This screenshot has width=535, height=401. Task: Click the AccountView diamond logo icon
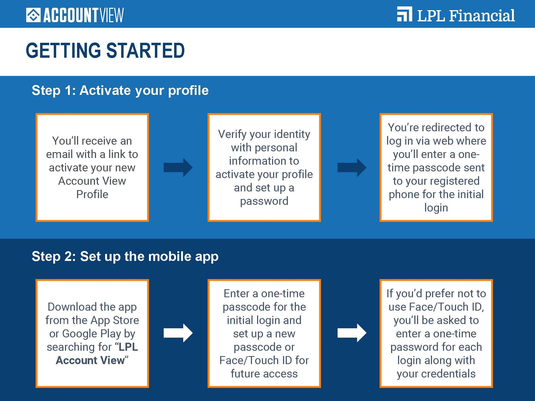pos(33,15)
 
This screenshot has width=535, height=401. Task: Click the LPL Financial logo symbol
pos(404,14)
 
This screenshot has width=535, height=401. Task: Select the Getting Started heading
pos(105,51)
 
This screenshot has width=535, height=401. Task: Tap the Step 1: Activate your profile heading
pos(120,90)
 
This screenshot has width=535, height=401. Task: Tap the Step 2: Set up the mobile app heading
pos(125,256)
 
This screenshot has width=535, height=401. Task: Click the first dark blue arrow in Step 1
pos(178,168)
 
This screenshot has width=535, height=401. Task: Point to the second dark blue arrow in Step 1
pos(352,168)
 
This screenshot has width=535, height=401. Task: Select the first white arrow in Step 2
pos(178,333)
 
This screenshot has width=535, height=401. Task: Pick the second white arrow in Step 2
pos(352,333)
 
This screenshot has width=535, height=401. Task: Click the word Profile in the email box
pos(92,194)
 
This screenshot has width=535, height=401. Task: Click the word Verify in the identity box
pos(232,134)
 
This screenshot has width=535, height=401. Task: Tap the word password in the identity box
pos(264,201)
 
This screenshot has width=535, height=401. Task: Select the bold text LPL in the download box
pos(128,347)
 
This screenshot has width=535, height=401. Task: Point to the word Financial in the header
pos(481,16)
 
